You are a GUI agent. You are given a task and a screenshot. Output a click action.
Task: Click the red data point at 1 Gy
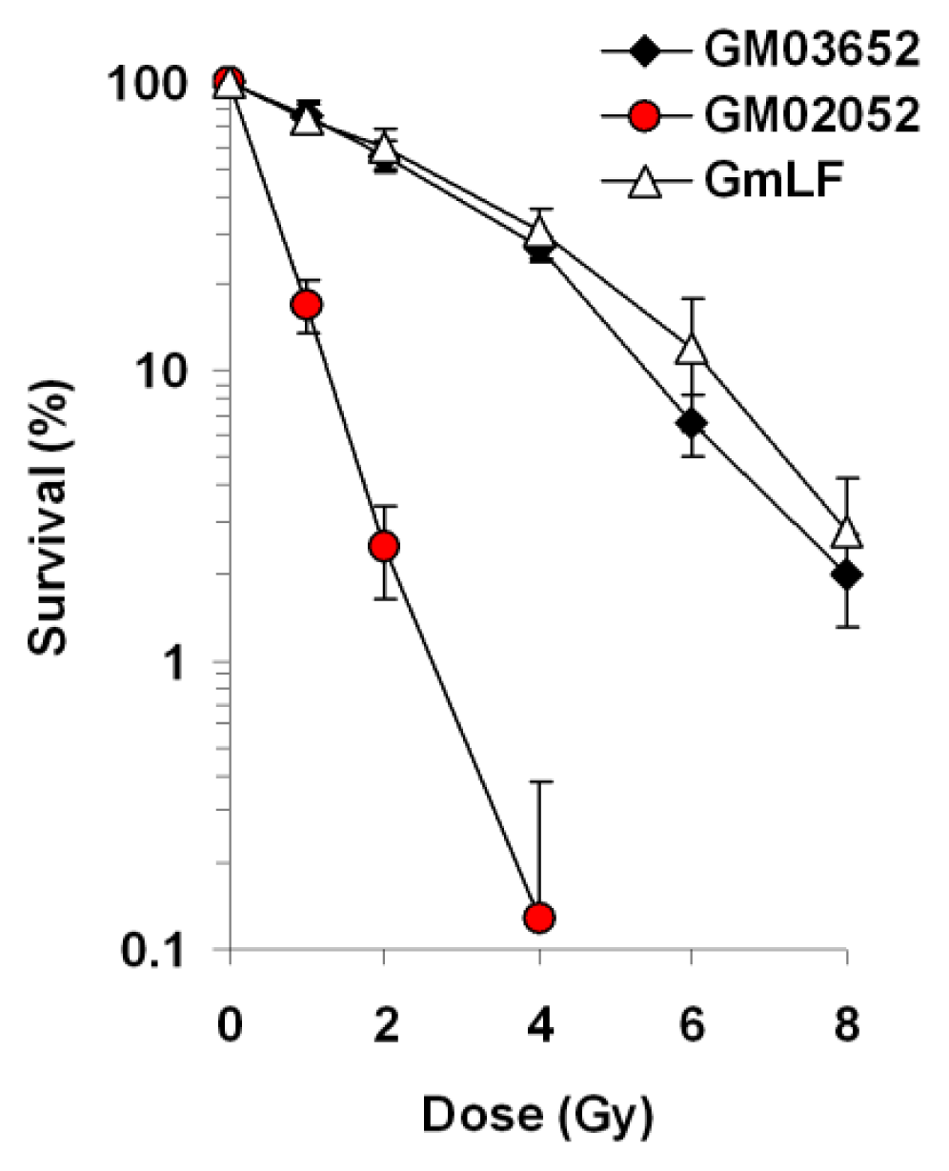coord(306,305)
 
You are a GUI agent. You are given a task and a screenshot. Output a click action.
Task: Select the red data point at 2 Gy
coord(384,546)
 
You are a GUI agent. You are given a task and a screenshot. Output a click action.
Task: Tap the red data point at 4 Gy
coord(539,918)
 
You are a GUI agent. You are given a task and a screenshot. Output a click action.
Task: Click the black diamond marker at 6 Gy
coord(692,422)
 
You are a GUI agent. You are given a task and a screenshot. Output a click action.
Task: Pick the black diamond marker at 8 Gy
coord(846,575)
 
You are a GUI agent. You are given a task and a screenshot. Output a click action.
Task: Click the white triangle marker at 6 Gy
coord(692,349)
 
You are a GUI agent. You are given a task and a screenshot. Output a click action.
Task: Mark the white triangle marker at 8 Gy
coord(846,533)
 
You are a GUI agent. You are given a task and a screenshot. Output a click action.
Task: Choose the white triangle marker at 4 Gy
coord(539,232)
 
